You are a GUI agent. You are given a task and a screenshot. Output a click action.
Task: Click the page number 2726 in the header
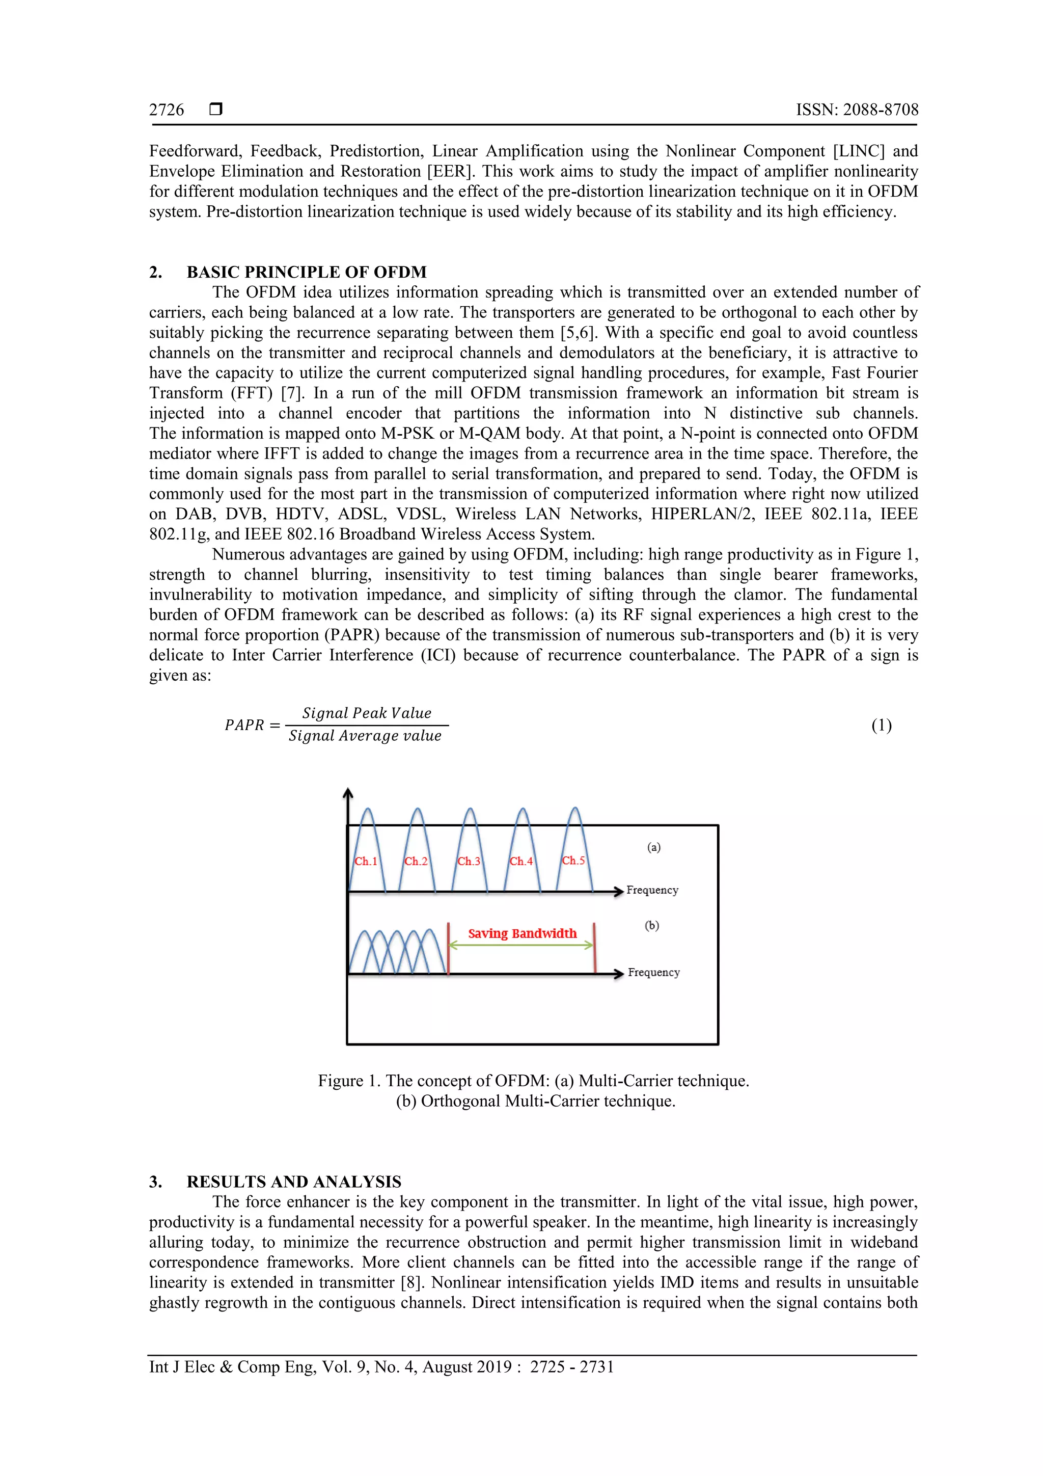point(167,110)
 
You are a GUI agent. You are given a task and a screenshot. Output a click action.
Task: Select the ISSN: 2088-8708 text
point(857,110)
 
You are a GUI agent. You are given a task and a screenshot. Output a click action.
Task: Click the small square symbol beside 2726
point(216,109)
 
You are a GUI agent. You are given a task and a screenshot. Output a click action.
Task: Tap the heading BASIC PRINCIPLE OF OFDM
point(307,272)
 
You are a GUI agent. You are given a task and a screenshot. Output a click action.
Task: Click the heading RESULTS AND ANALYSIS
point(294,1182)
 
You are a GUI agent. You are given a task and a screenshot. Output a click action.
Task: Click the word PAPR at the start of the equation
point(244,725)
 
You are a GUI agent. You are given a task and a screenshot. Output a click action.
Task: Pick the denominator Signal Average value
point(365,736)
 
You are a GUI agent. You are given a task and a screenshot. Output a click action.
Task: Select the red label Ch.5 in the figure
point(573,861)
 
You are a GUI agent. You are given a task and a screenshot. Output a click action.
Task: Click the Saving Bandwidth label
point(522,933)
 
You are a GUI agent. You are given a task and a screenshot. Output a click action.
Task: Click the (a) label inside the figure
point(653,847)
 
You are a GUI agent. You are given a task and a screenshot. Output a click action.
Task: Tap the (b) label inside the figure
point(652,926)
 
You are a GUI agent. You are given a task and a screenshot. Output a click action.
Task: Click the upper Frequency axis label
point(652,891)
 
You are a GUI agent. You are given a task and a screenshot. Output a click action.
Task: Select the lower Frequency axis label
point(653,973)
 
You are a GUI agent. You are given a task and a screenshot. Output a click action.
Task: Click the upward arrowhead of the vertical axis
point(348,793)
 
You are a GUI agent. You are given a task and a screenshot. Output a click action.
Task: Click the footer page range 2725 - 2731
point(571,1367)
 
